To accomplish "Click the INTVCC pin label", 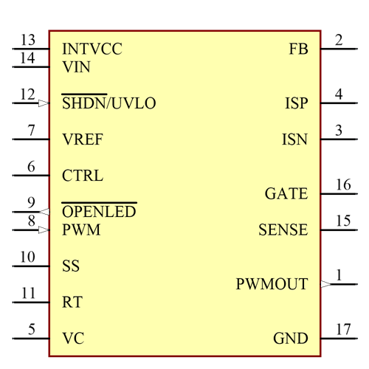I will point(92,49).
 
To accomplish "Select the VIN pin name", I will point(77,66).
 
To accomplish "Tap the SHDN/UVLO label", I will point(108,103).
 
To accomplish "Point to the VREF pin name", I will point(83,139).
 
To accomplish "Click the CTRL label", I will point(83,176).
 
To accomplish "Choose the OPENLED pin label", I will point(99,213).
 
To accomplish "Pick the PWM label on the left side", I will point(81,230).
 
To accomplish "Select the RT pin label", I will point(72,303).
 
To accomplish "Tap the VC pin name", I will point(73,339).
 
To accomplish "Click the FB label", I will point(298,49).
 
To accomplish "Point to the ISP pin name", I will point(296,103).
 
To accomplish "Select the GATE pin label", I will point(286,194).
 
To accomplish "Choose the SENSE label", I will point(283,230).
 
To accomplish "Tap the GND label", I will point(291,339).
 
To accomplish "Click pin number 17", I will point(343,329).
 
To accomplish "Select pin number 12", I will point(27,94).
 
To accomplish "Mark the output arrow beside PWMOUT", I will point(325,284).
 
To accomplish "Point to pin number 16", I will point(343,184).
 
